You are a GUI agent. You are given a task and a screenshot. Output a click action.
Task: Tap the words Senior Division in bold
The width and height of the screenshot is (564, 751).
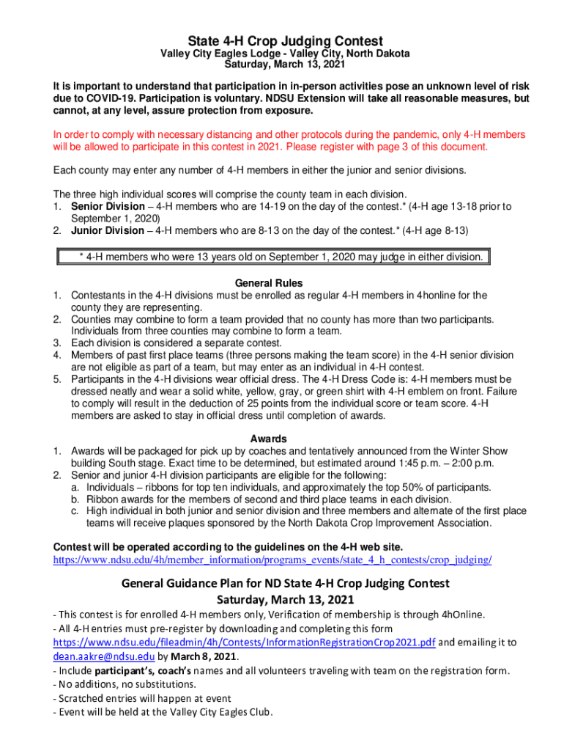(x=108, y=207)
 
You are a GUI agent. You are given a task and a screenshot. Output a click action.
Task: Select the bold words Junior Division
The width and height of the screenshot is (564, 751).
(x=108, y=230)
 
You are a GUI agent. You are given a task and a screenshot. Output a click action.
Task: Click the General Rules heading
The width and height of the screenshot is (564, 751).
(x=269, y=283)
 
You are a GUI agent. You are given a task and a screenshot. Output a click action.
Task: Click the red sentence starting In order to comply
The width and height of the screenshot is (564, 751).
(x=289, y=140)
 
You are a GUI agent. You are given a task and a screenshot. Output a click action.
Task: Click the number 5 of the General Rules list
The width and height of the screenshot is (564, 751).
(x=56, y=379)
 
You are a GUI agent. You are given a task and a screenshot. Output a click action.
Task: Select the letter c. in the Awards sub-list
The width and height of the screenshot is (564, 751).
(x=75, y=511)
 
